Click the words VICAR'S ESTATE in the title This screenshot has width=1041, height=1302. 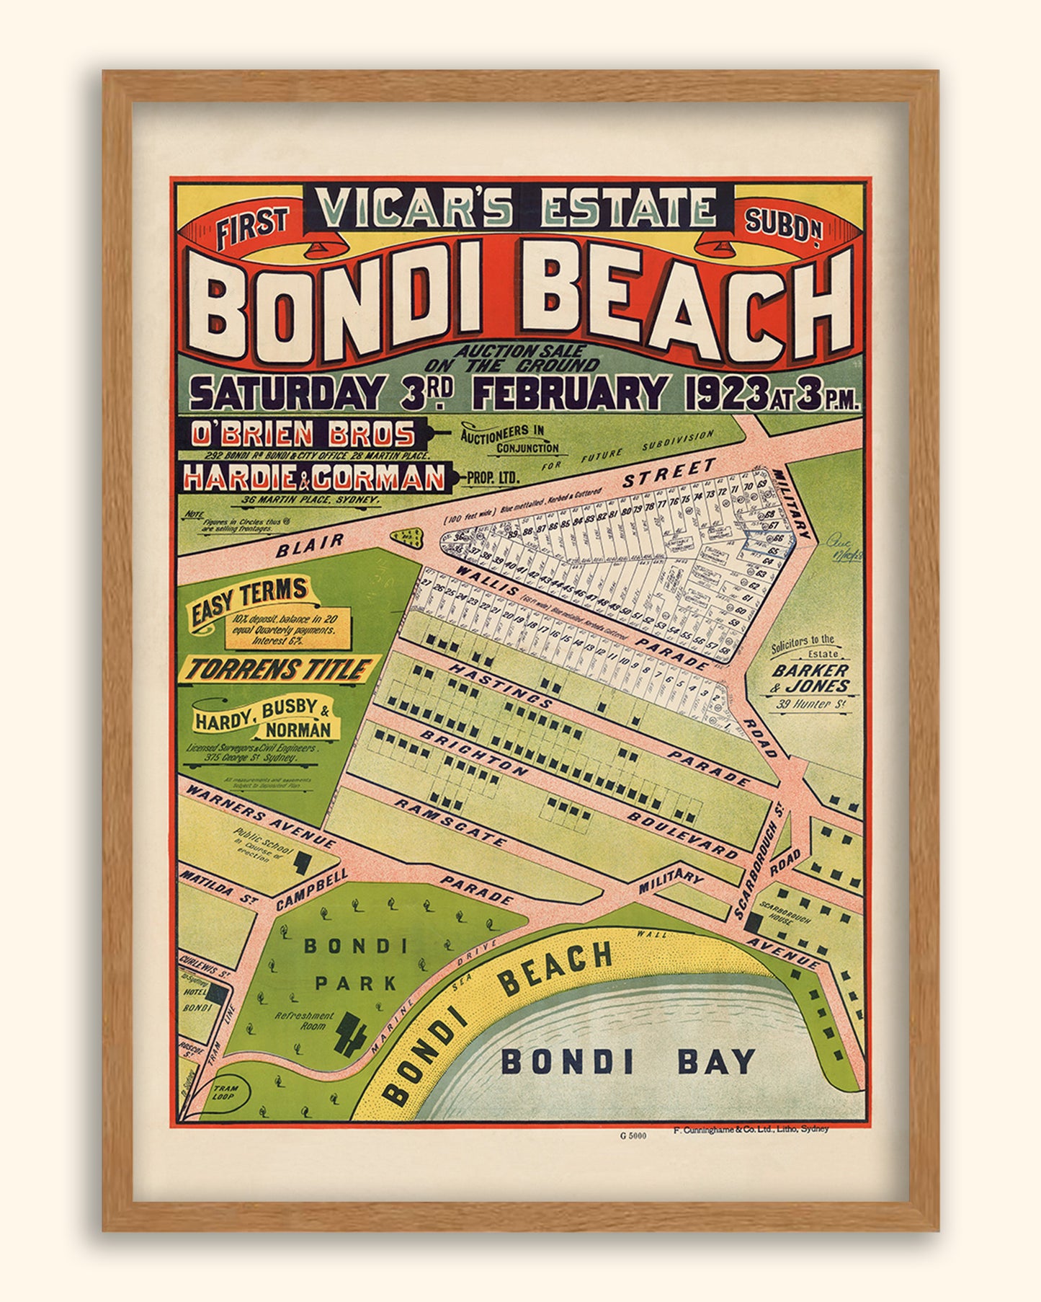click(519, 209)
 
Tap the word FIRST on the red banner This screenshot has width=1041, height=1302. click(252, 227)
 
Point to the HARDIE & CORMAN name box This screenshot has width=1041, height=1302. click(316, 477)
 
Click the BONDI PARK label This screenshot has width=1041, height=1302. click(355, 964)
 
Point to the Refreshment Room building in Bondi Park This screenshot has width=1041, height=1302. click(351, 1035)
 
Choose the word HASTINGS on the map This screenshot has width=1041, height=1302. click(501, 684)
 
